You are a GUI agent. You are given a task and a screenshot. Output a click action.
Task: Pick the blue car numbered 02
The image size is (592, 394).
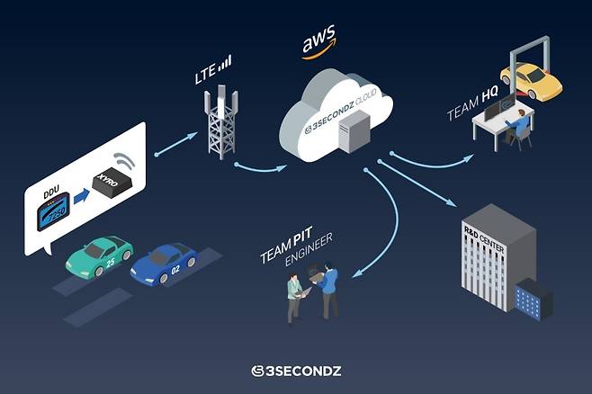coord(165,265)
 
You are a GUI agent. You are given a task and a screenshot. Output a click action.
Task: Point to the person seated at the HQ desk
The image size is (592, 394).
coord(519,126)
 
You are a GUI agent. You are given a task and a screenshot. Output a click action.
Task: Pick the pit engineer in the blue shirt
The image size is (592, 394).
coord(329,287)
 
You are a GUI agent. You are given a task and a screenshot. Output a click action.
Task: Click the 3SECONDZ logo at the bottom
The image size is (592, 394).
coord(295,371)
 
